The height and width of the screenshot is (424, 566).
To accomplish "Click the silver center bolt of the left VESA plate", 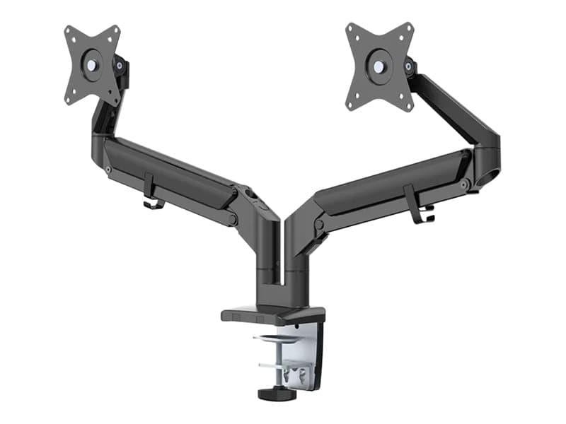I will pyautogui.click(x=91, y=64).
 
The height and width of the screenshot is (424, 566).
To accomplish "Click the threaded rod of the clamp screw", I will pyautogui.click(x=272, y=367).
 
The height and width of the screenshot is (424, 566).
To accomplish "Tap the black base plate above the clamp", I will pyautogui.click(x=272, y=314).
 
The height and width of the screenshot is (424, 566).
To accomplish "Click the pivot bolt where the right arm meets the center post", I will pyautogui.click(x=319, y=225).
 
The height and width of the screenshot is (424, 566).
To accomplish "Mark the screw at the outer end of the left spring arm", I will pyautogui.click(x=108, y=169).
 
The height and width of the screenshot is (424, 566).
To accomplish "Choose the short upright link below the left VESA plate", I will pyautogui.click(x=103, y=121).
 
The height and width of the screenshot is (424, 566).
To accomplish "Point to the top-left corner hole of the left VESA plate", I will pyautogui.click(x=69, y=32).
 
